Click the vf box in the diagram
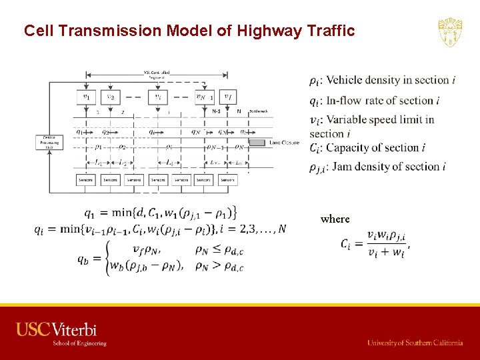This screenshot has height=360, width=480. [x=228, y=97]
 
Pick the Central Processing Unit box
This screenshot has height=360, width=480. [x=50, y=142]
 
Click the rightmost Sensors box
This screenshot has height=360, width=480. [x=227, y=180]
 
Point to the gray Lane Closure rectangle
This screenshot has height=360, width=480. [x=262, y=142]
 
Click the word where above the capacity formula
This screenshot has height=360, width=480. [x=335, y=219]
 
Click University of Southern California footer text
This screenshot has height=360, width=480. [x=415, y=343]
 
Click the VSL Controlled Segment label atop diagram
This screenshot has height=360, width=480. [x=157, y=74]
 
